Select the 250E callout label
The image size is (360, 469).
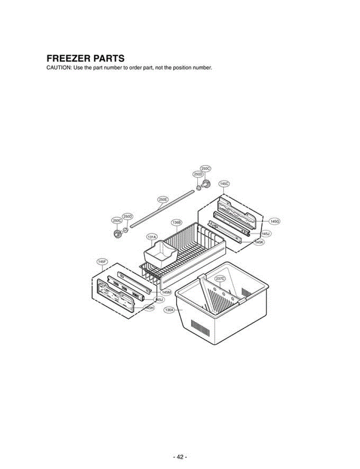click(163, 199)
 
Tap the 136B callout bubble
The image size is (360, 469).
click(176, 222)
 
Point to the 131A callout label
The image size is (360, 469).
click(151, 237)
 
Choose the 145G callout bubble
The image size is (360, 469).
click(275, 221)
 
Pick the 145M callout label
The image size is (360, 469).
click(167, 292)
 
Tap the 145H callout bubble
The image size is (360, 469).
click(149, 308)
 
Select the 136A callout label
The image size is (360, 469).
click(169, 310)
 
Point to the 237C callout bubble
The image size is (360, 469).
click(220, 278)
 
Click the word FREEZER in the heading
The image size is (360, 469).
click(68, 59)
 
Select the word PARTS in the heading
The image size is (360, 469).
click(109, 59)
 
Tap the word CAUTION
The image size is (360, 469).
click(59, 68)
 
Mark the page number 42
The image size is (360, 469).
click(180, 456)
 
